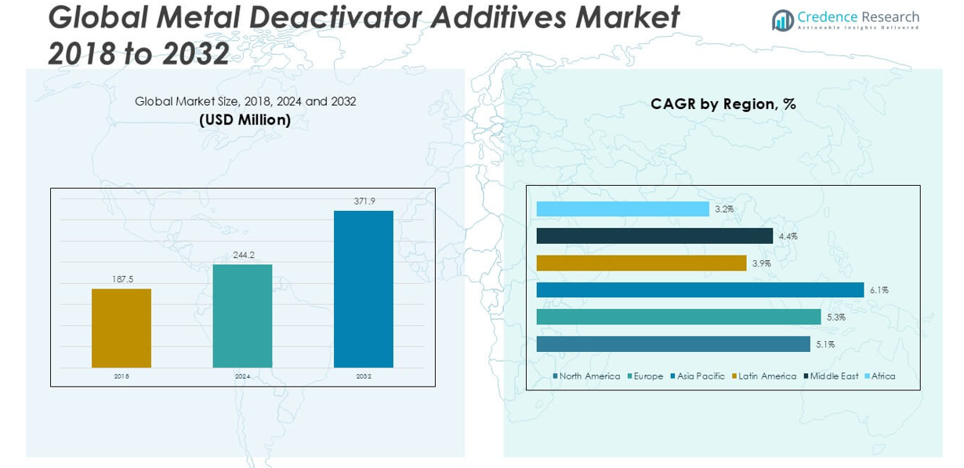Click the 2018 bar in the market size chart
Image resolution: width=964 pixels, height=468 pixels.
pyautogui.click(x=121, y=328)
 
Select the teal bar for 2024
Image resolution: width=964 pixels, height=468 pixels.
pyautogui.click(x=242, y=316)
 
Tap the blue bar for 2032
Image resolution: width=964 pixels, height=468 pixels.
pyautogui.click(x=364, y=288)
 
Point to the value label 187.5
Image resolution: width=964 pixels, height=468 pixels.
pyautogui.click(x=121, y=279)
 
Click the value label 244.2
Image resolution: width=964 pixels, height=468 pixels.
pyautogui.click(x=242, y=255)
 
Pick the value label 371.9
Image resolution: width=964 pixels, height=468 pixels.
pyautogui.click(x=364, y=201)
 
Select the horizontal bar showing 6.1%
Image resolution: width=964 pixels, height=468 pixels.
pyautogui.click(x=700, y=290)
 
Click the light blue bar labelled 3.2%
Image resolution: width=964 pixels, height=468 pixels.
pyautogui.click(x=622, y=209)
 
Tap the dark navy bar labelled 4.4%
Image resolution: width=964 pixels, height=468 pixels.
pyautogui.click(x=654, y=236)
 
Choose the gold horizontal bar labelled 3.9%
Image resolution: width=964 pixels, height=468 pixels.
pyautogui.click(x=641, y=263)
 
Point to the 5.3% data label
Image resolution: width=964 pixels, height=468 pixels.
pyautogui.click(x=836, y=317)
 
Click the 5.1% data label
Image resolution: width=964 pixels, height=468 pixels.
pyautogui.click(x=825, y=344)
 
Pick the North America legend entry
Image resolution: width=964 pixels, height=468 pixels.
pyautogui.click(x=587, y=376)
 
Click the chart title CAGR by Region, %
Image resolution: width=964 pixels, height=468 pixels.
pyautogui.click(x=723, y=104)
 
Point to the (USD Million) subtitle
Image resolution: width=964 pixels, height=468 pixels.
pyautogui.click(x=245, y=120)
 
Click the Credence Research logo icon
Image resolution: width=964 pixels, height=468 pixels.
pyautogui.click(x=782, y=20)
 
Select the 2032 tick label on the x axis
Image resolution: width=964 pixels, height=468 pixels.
pyautogui.click(x=364, y=377)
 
